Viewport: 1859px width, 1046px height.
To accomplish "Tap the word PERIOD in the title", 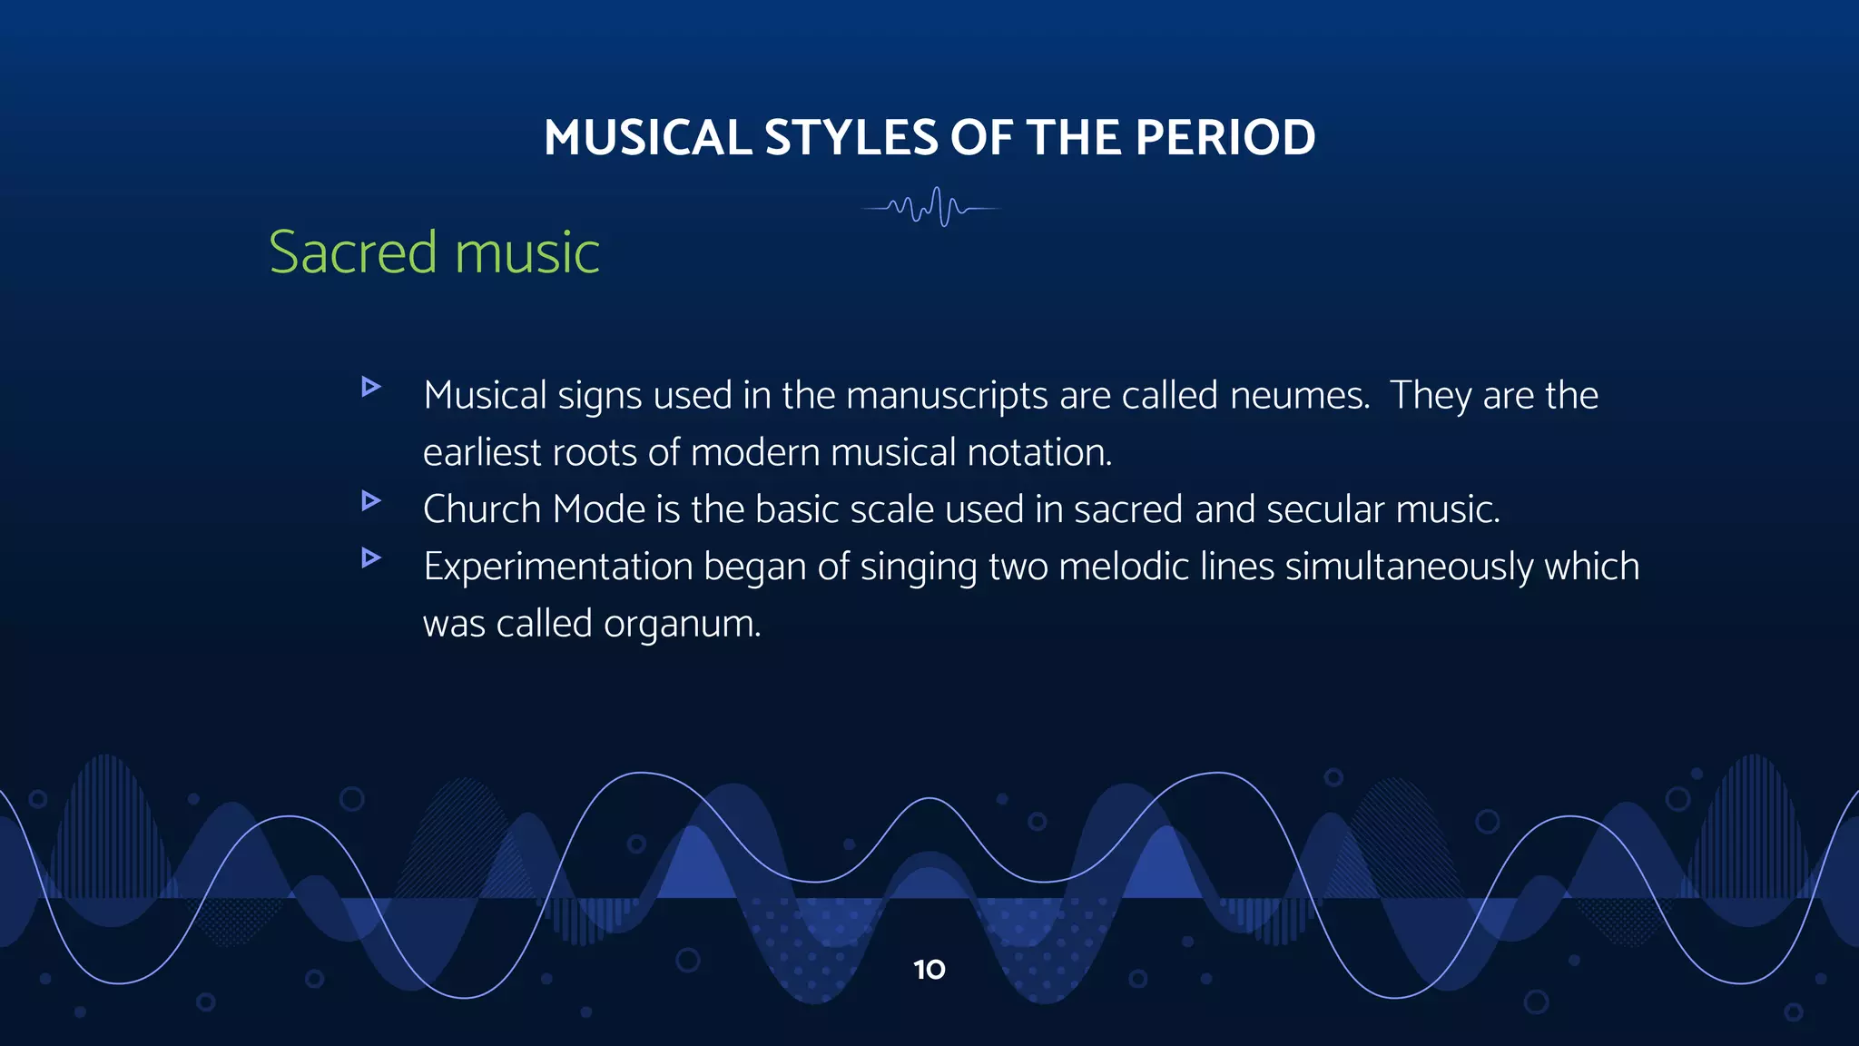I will click(1225, 138).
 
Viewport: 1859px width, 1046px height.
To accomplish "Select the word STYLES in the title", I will click(851, 138).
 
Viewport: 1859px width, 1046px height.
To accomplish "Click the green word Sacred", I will click(353, 252).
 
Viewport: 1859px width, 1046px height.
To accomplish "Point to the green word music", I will click(526, 252).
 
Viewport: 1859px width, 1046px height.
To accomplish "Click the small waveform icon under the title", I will click(930, 208).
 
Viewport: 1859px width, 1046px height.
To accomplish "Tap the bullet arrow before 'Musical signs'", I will click(370, 387).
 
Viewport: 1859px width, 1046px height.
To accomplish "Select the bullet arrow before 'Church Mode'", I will click(370, 500).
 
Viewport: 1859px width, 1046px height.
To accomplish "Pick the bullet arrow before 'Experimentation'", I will click(370, 558).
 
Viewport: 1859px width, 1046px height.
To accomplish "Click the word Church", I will click(482, 509).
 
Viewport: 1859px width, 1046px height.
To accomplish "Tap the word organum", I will click(682, 625).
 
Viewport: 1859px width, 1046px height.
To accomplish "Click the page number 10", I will click(929, 970).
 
